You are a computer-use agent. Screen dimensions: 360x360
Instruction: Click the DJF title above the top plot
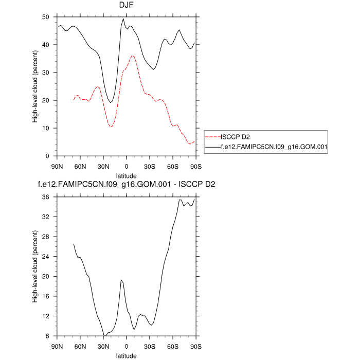tap(126, 6)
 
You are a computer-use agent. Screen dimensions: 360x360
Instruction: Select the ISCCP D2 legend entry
tap(235, 137)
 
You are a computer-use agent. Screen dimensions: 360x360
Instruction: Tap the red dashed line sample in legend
tap(212, 137)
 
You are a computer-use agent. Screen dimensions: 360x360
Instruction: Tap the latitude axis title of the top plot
tap(126, 175)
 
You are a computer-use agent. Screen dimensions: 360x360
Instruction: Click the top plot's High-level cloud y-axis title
tap(34, 86)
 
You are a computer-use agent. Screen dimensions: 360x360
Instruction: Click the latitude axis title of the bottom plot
tap(126, 355)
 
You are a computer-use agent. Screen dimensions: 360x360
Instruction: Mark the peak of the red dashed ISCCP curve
tap(132, 56)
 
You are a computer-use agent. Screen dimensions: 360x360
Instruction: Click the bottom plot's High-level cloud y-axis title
tap(34, 266)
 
